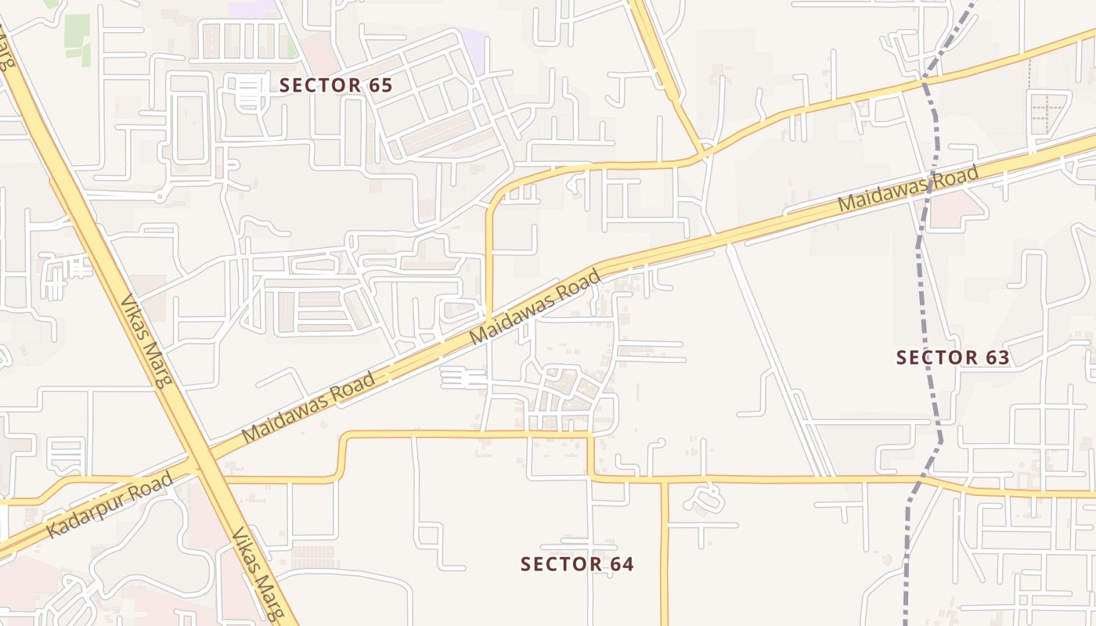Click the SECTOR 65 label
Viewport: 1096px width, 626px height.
pyautogui.click(x=335, y=85)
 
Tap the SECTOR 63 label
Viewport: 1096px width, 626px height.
pyautogui.click(x=953, y=358)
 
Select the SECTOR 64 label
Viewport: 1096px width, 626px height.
pyautogui.click(x=577, y=563)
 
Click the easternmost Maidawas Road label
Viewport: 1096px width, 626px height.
pyautogui.click(x=908, y=188)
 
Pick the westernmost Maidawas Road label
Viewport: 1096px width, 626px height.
pyautogui.click(x=308, y=408)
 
